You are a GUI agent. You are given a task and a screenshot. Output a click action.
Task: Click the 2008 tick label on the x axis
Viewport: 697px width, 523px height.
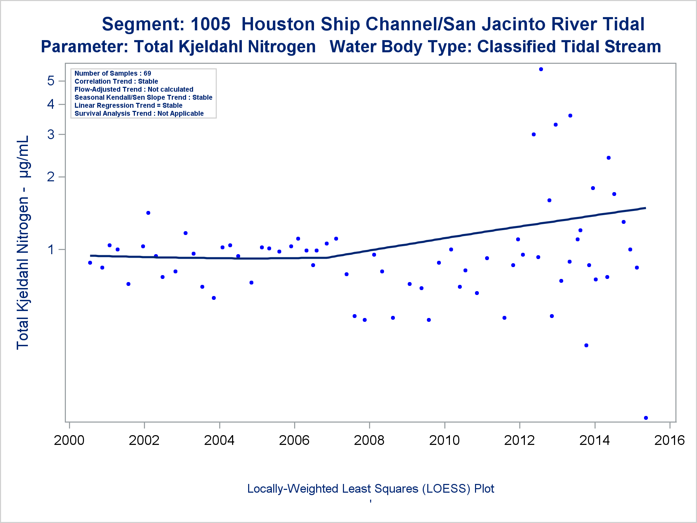[x=369, y=440]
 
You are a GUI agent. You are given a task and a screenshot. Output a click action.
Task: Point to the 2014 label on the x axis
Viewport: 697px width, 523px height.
[x=595, y=440]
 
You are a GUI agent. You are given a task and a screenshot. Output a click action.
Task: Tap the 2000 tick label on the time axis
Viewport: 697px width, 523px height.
[x=69, y=440]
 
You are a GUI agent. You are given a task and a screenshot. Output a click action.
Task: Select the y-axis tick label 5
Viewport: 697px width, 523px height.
[x=51, y=81]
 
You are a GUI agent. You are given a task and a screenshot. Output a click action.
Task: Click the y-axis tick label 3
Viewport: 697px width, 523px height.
[x=51, y=134]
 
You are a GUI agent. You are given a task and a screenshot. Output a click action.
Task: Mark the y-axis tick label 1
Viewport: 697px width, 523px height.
[x=51, y=250]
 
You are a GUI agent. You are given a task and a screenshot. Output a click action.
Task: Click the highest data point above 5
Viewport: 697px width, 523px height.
[x=541, y=69]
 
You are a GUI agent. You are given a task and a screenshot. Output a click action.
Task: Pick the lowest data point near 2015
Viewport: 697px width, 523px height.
[x=646, y=418]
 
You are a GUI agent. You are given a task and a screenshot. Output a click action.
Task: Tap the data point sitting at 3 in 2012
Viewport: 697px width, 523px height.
[x=534, y=134]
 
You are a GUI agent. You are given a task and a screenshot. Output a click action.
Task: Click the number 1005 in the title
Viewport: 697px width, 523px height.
[x=210, y=24]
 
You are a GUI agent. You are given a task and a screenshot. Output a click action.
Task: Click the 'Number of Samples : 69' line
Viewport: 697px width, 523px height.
[x=113, y=73]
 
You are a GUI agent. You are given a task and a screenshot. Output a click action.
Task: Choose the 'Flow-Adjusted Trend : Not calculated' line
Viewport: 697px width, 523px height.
[x=134, y=89]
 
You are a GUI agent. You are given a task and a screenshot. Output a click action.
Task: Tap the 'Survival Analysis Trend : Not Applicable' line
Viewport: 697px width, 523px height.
[x=139, y=113]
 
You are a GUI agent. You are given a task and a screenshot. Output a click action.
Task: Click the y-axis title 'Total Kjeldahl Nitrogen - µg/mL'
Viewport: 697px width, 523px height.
[x=23, y=242]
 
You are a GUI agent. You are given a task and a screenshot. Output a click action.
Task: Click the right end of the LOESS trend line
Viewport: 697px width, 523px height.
[x=645, y=208]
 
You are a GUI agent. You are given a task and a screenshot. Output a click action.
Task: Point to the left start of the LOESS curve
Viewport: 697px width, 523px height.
[x=91, y=256]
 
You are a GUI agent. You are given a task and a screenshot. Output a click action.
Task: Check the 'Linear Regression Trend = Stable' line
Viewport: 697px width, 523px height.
[x=128, y=105]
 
